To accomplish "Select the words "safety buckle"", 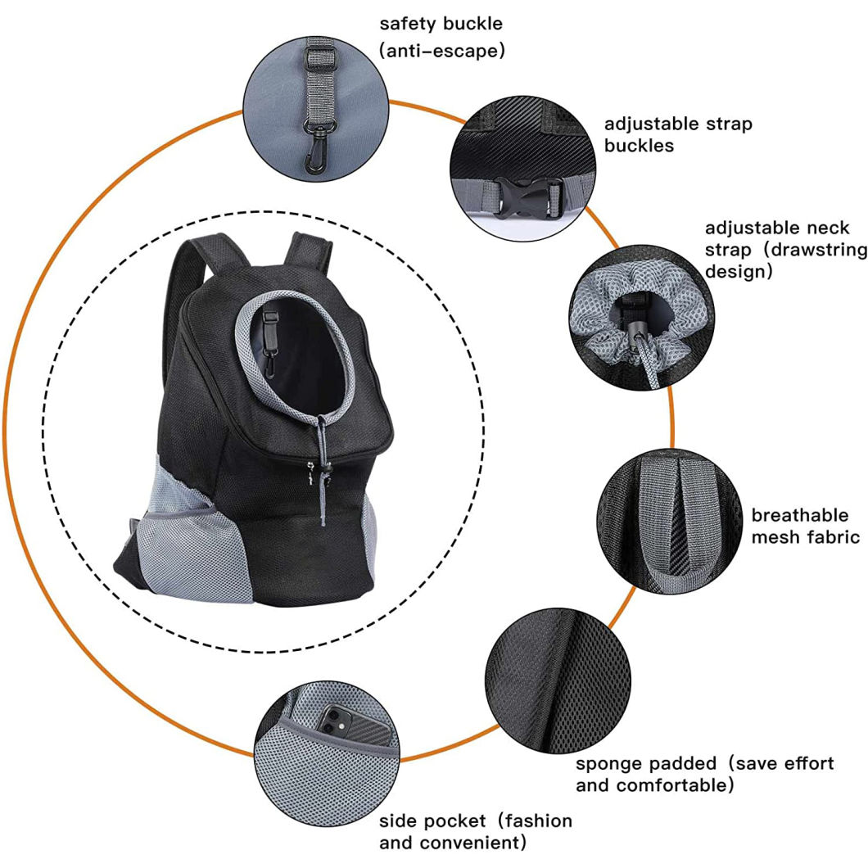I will point(441,23).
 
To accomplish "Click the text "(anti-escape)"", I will point(441,51).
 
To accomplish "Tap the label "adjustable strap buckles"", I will point(678,135).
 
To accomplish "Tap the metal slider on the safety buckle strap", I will point(313,57).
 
